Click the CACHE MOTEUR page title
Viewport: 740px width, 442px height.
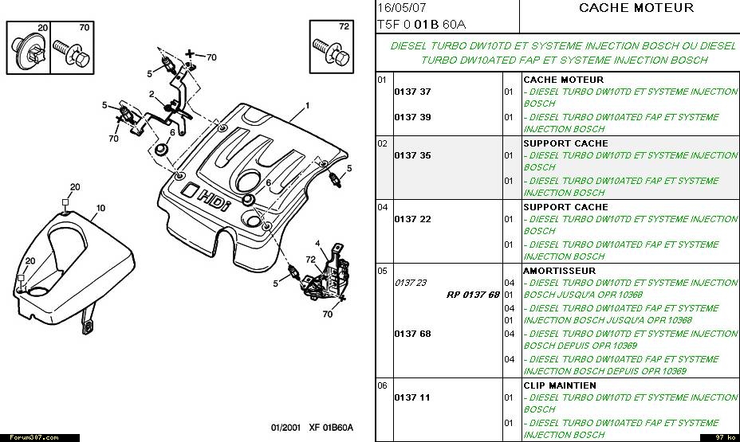[636, 8]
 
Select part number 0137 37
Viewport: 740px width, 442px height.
[412, 92]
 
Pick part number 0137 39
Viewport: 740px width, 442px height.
[412, 117]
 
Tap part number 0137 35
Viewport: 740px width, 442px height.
[412, 155]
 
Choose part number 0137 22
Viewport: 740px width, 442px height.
[412, 219]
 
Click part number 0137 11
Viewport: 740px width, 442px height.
[412, 397]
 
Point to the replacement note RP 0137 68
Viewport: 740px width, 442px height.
[473, 295]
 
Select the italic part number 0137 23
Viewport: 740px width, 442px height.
[411, 283]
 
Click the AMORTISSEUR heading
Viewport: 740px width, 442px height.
[561, 271]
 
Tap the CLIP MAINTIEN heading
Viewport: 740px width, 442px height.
[559, 385]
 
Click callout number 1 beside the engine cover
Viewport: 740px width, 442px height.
[307, 105]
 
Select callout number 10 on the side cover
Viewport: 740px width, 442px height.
[100, 208]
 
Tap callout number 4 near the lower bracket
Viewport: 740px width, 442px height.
[317, 243]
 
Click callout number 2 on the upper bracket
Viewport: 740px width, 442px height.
[151, 94]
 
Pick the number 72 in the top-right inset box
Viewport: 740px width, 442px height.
[344, 26]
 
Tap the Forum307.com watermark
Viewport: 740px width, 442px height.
[29, 437]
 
